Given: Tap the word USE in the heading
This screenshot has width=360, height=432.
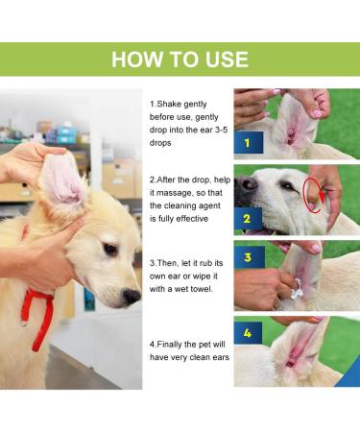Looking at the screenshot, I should click(220, 60).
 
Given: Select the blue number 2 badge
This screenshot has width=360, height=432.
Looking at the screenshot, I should click(247, 218).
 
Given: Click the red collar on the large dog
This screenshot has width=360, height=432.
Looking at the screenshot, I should click(38, 307).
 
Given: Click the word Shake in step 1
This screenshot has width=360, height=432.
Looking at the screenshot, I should click(169, 103).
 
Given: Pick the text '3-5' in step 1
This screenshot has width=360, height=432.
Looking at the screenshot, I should click(212, 129).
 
